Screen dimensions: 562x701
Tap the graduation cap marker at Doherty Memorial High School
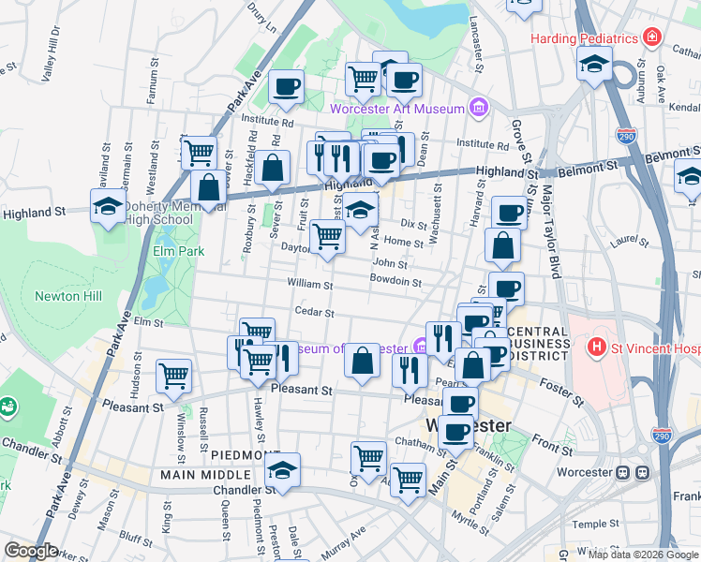click(x=107, y=207)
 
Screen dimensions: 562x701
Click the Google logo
click(x=31, y=552)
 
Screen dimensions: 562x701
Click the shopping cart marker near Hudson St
click(x=173, y=376)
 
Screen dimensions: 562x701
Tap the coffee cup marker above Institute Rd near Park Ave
click(x=286, y=87)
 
